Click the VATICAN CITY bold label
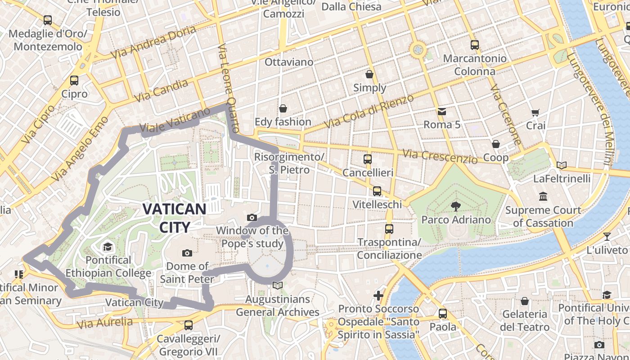tap(175, 218)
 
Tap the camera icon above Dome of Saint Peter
tap(187, 253)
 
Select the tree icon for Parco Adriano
tap(455, 207)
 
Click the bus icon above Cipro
tap(74, 81)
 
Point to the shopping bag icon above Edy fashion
tap(283, 108)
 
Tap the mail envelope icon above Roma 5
tap(441, 111)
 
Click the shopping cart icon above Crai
tap(535, 112)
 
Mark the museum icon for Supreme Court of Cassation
tap(543, 197)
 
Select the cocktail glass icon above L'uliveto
tap(607, 236)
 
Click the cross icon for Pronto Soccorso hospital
tap(378, 296)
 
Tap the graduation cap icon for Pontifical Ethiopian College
tap(107, 247)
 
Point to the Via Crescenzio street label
tap(440, 157)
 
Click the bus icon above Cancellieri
tap(368, 159)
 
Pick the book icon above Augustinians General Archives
tap(278, 286)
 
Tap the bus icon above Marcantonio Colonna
tap(474, 45)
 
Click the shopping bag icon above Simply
tap(369, 74)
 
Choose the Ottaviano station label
tap(288, 62)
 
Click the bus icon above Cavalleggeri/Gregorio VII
tap(189, 325)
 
